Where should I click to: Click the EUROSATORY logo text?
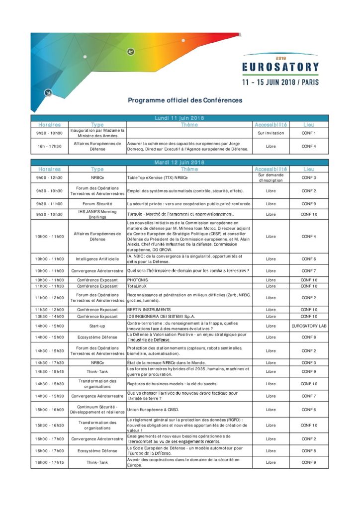point(280,67)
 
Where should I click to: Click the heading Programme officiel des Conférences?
point(185,100)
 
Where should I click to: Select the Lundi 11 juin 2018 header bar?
point(180,118)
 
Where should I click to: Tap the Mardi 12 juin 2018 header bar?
point(180,163)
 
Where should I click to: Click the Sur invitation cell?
point(270,133)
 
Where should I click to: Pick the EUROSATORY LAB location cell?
point(308,326)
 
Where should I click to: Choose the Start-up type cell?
point(97,326)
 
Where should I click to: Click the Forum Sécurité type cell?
point(97,204)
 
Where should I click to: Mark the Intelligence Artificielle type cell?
point(97,259)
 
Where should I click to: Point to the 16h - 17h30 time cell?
point(49,146)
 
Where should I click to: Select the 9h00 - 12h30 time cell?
point(49,177)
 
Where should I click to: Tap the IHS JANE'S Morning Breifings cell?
point(97,214)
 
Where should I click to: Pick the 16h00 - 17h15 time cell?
point(49,462)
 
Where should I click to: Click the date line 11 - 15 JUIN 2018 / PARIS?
point(280,81)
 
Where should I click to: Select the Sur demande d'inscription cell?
point(270,177)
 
